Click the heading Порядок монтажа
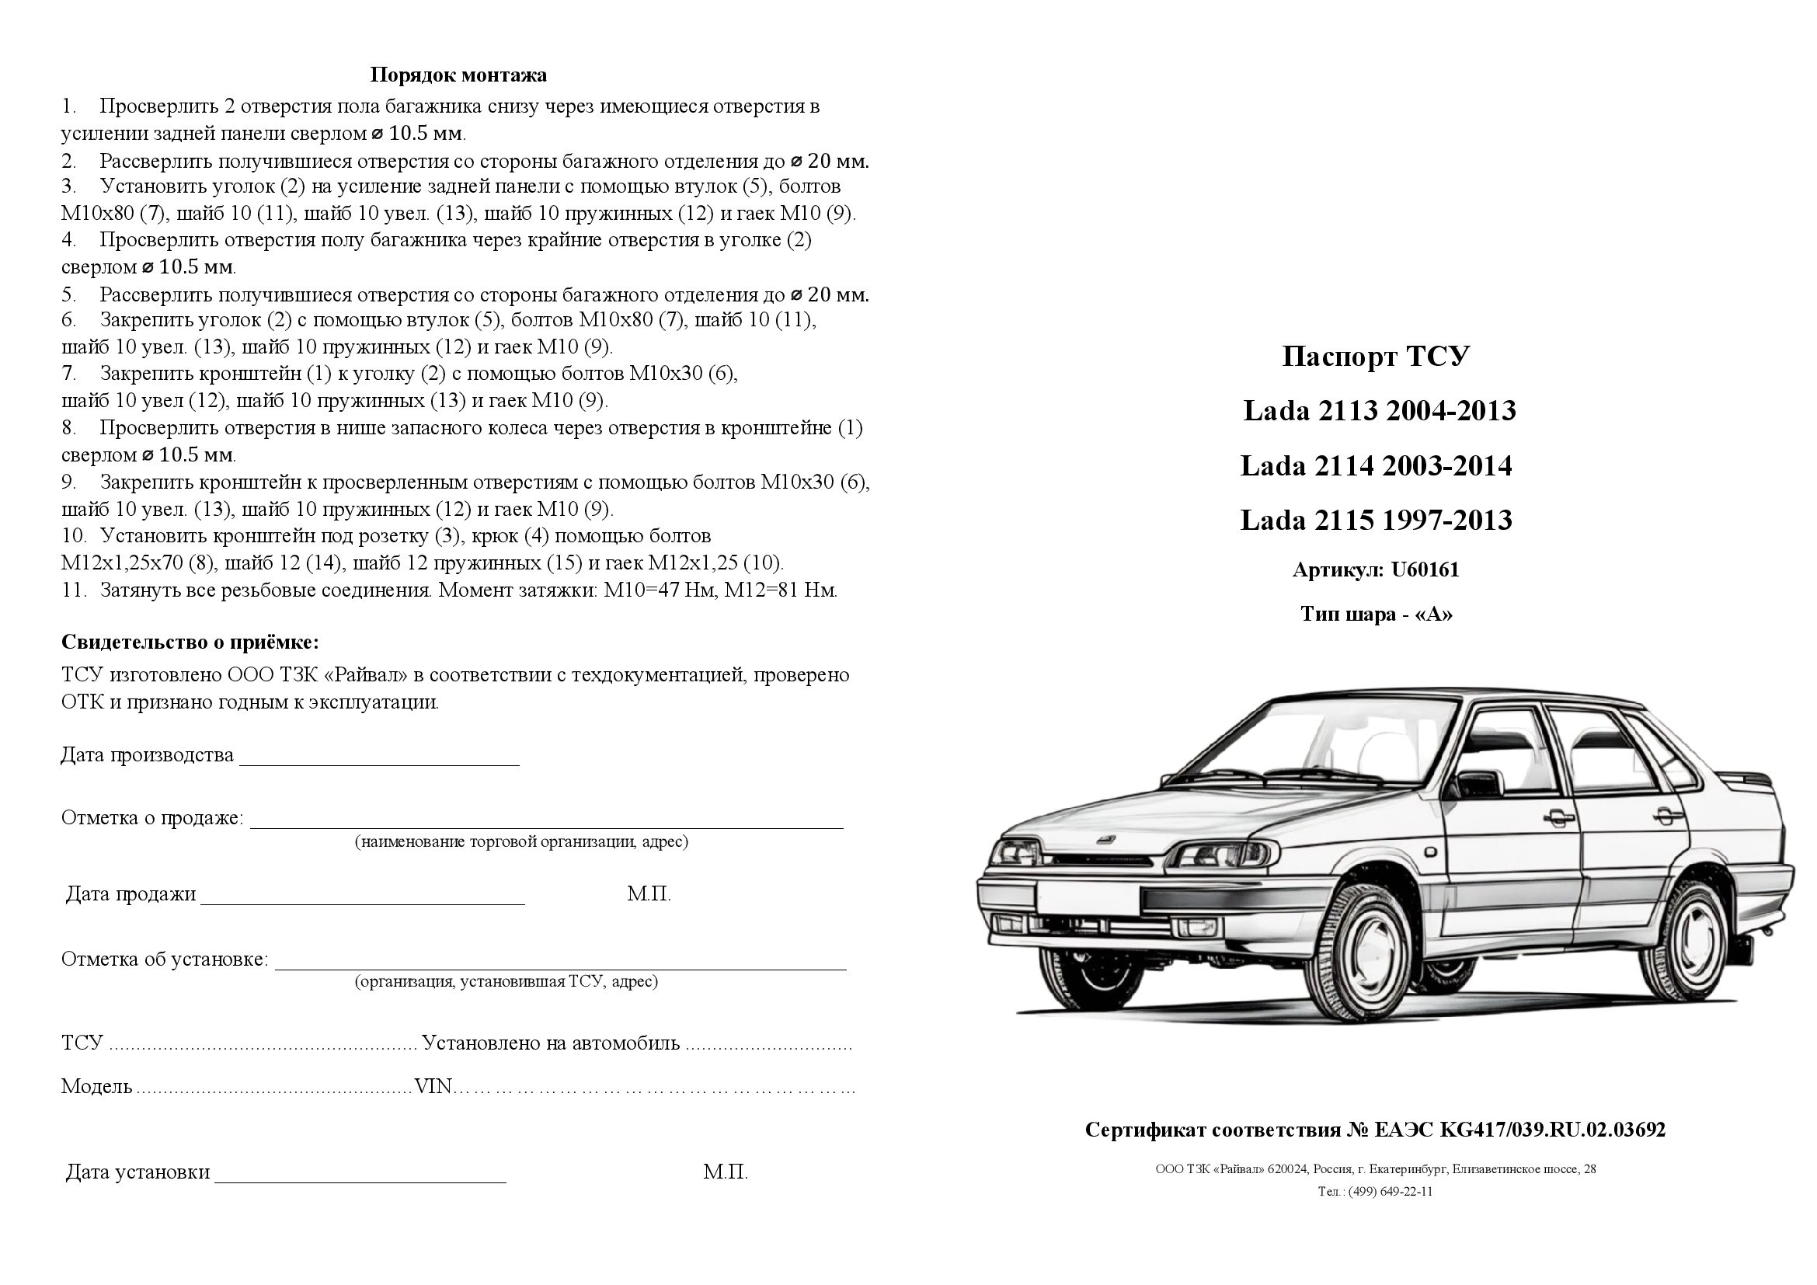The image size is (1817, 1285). [458, 75]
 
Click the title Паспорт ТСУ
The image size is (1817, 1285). [1376, 357]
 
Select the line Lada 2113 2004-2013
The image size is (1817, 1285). [1379, 411]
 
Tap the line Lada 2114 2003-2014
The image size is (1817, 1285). [1376, 466]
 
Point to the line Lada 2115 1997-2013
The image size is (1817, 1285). [1376, 520]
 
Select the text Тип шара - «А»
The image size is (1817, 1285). [1377, 614]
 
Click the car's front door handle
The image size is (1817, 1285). [1557, 817]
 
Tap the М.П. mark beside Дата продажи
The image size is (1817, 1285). [648, 894]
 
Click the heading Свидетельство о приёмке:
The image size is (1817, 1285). [190, 642]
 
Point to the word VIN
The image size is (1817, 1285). [432, 1086]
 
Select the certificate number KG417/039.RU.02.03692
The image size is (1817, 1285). [1551, 1130]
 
